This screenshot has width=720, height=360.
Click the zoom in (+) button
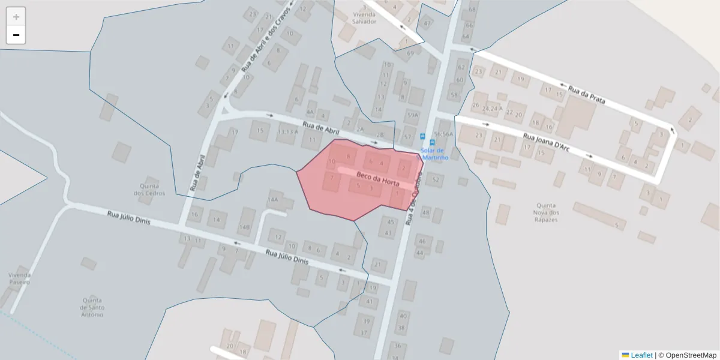tap(16, 16)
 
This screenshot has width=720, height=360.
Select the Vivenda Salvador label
tap(364, 17)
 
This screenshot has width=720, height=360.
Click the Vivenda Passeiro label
tap(19, 278)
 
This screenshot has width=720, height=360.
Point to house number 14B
tap(244, 227)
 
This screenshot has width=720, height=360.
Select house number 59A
tap(412, 115)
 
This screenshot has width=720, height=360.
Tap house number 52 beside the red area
tap(436, 179)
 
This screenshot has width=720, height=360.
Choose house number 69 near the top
tap(410, 53)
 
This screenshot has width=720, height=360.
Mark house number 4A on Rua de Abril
tap(310, 112)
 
